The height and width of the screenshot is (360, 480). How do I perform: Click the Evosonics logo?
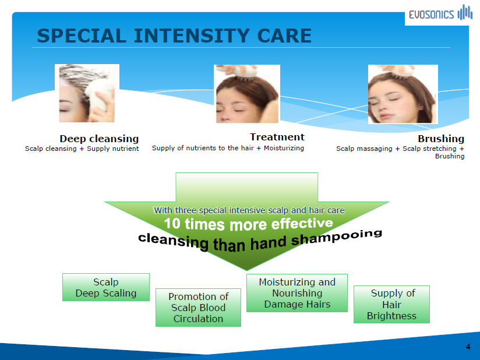tap(440, 13)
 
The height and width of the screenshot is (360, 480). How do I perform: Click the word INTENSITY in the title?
tap(192, 36)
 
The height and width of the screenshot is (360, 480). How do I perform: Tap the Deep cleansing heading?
tap(99, 139)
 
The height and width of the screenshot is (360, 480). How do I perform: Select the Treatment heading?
tap(277, 137)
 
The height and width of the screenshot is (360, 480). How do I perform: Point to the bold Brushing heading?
tap(441, 139)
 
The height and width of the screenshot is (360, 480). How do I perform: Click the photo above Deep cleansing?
tap(87, 93)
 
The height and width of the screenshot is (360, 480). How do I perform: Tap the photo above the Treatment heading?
tap(247, 94)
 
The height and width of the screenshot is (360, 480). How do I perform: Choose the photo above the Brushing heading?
tap(403, 94)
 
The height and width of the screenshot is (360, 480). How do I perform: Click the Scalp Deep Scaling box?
tap(106, 287)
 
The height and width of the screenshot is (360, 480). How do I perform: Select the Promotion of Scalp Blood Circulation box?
tap(199, 308)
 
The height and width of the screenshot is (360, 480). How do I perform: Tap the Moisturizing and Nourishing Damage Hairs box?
tap(297, 293)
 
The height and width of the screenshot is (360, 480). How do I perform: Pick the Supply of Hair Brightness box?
tap(392, 304)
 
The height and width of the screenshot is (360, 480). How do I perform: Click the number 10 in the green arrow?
tap(172, 224)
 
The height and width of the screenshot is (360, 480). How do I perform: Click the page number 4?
tap(468, 347)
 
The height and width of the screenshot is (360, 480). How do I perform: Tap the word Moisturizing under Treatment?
tap(284, 148)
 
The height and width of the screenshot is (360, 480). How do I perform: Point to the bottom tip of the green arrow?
tap(247, 271)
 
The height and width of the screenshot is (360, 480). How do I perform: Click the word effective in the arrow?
tap(302, 224)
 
